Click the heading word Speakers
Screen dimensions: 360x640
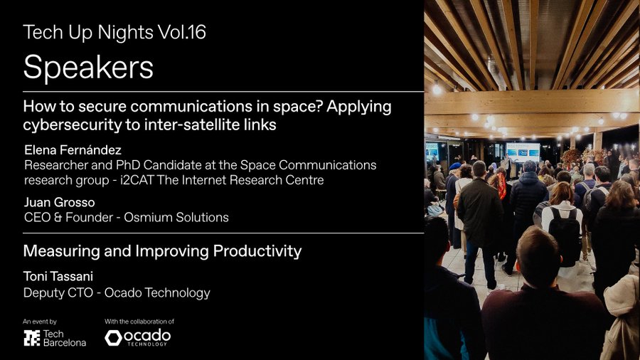click(88, 68)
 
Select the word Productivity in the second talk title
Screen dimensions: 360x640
click(254, 251)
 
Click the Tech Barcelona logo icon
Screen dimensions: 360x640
click(32, 338)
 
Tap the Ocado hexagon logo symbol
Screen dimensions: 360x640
click(113, 338)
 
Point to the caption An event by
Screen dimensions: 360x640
click(40, 322)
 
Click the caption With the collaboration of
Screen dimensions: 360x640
click(139, 322)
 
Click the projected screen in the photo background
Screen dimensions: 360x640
click(523, 151)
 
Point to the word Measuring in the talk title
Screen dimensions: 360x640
click(57, 251)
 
